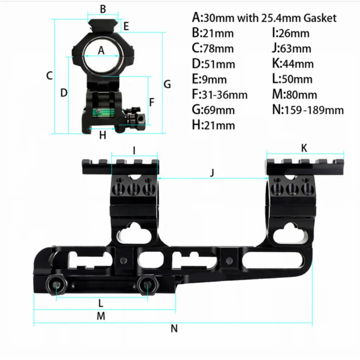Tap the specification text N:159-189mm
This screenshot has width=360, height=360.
click(308, 109)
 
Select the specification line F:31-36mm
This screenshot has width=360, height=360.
click(220, 94)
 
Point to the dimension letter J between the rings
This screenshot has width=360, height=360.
click(212, 172)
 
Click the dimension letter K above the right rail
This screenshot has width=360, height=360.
click(304, 148)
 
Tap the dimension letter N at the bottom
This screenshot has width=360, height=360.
click(174, 329)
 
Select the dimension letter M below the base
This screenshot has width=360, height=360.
click(101, 316)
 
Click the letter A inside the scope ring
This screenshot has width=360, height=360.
click(101, 50)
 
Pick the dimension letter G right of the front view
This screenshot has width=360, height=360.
click(167, 84)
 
